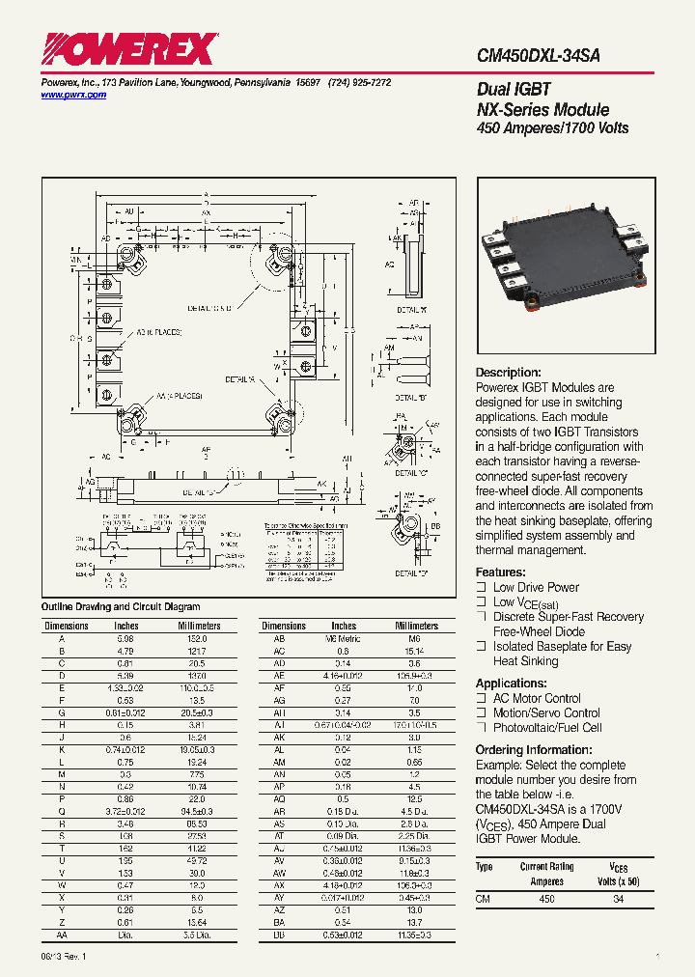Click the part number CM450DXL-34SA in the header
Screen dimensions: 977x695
(538, 56)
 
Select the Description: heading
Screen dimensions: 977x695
(509, 373)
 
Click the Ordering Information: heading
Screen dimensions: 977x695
(532, 750)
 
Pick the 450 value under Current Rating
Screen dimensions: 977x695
(546, 899)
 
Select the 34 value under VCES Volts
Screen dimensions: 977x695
(619, 899)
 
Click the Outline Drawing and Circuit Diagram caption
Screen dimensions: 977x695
(120, 607)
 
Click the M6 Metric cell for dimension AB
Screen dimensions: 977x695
(343, 639)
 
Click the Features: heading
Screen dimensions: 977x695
(501, 572)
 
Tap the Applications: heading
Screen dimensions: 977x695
(512, 683)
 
